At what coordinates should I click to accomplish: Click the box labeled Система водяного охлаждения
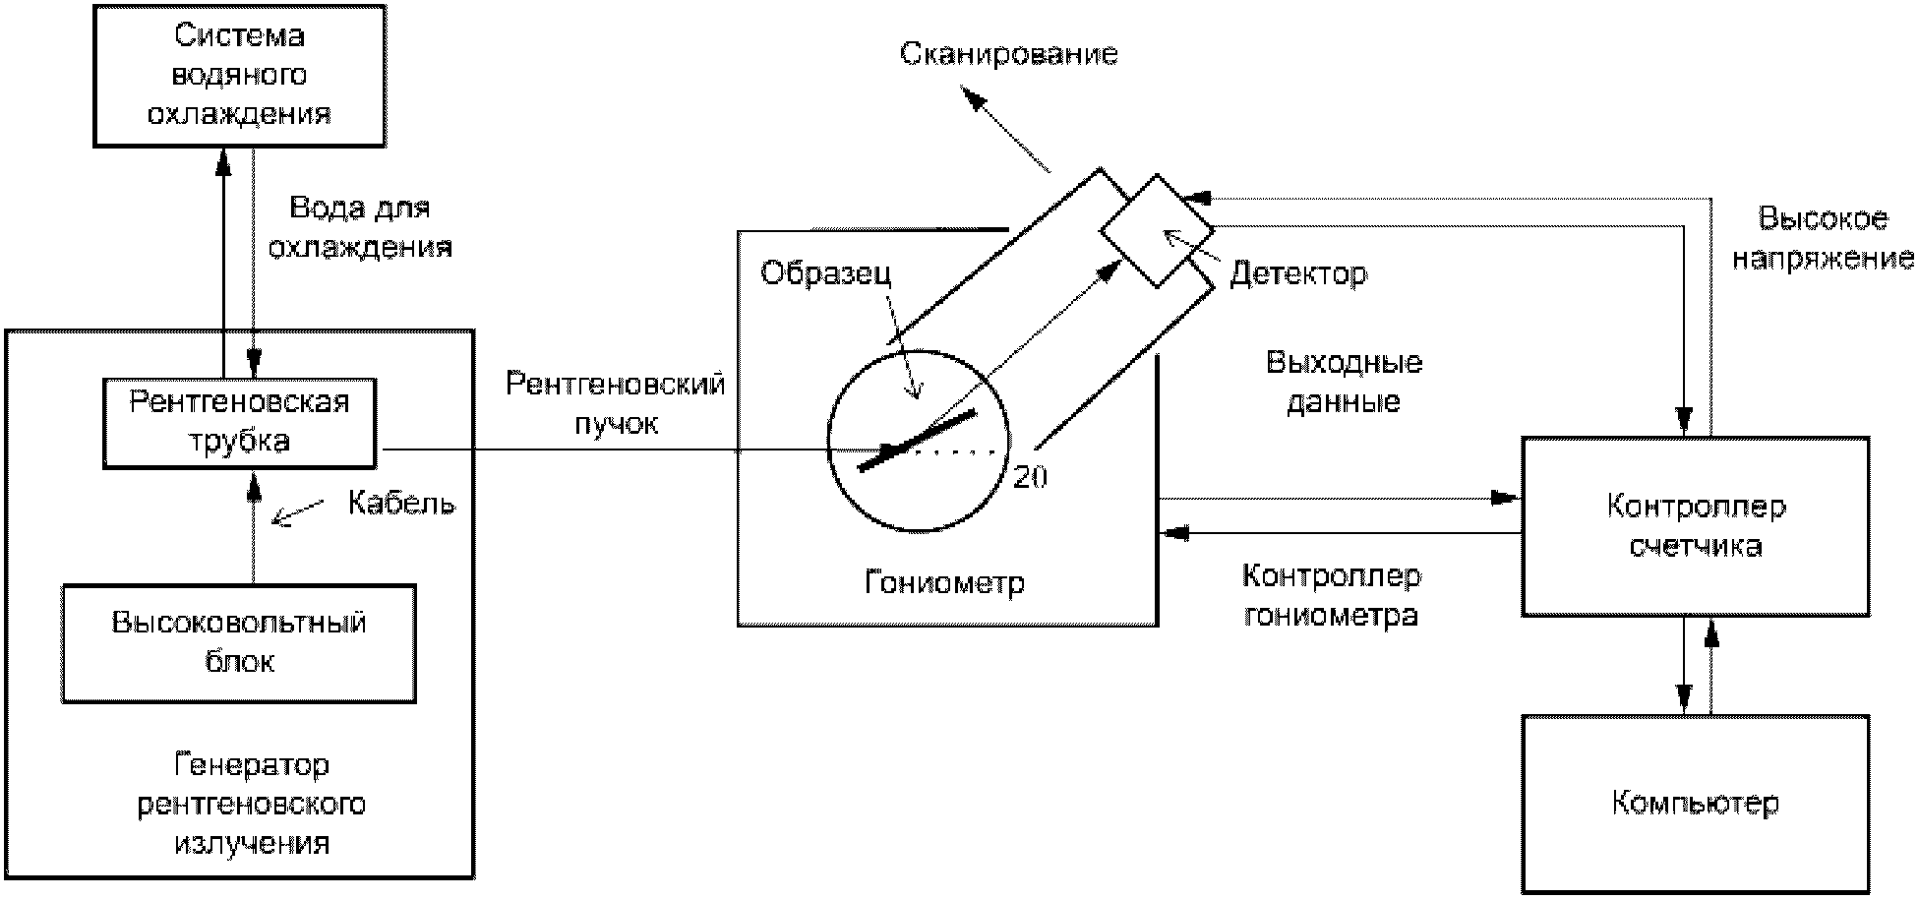pyautogui.click(x=238, y=75)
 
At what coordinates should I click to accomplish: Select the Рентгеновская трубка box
pyautogui.click(x=239, y=422)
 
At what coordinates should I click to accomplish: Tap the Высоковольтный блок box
pyautogui.click(x=239, y=642)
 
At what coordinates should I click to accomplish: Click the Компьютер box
pyautogui.click(x=1695, y=804)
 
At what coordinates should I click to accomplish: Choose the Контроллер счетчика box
pyautogui.click(x=1695, y=526)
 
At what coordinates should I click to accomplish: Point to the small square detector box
pyautogui.click(x=1157, y=231)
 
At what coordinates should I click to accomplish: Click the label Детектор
pyautogui.click(x=1297, y=273)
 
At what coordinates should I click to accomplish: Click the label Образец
pyautogui.click(x=825, y=272)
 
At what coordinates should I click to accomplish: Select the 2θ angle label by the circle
pyautogui.click(x=1030, y=477)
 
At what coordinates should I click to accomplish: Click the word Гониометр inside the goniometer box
pyautogui.click(x=944, y=582)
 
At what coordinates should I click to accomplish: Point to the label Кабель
pyautogui.click(x=401, y=504)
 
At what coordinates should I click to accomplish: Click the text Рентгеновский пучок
pyautogui.click(x=616, y=403)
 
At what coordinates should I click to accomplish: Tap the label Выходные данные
pyautogui.click(x=1344, y=382)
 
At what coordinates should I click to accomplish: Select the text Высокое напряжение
pyautogui.click(x=1823, y=238)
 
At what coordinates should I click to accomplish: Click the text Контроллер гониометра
pyautogui.click(x=1331, y=595)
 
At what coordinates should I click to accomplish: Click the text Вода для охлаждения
pyautogui.click(x=360, y=227)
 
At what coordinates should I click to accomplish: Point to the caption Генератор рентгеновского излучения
pyautogui.click(x=251, y=804)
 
